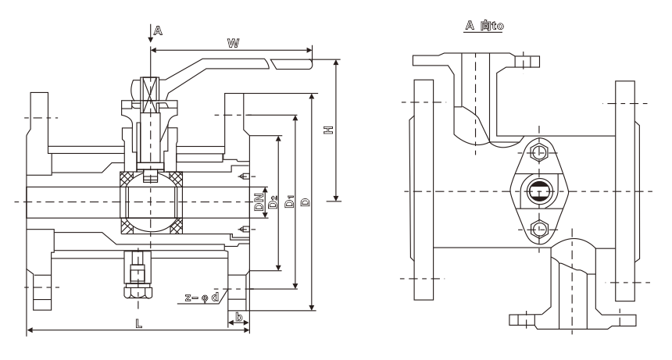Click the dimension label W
tap(233, 44)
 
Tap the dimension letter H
tap(329, 130)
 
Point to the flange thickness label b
tap(239, 318)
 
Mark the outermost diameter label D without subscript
tap(305, 202)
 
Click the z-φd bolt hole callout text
tap(202, 298)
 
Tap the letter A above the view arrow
tap(157, 30)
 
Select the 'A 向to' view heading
tap(484, 25)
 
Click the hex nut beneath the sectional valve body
tap(138, 289)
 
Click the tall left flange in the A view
tap(423, 190)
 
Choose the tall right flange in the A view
tap(626, 190)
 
